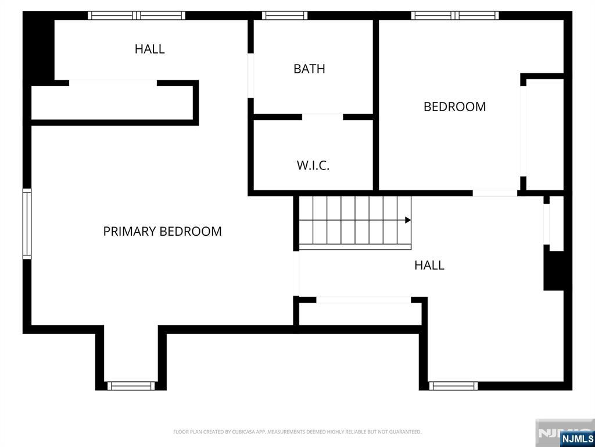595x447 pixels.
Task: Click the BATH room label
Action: point(309,69)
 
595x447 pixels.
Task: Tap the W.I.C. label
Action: point(313,165)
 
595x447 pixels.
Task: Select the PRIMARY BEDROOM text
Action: point(163,231)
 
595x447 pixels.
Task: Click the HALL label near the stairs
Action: point(429,265)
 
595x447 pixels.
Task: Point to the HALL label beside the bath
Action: point(150,49)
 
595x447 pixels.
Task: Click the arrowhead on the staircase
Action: point(408,220)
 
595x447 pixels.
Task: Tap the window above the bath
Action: point(285,16)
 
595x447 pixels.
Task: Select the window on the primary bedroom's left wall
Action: point(27,224)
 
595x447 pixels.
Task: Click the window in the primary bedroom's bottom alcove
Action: point(131,386)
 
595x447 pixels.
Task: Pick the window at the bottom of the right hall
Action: point(453,386)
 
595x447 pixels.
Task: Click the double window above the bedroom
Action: point(455,16)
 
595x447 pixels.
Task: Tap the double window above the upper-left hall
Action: point(137,16)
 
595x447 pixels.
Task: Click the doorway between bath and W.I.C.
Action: point(322,116)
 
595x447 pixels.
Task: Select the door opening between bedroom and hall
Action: point(495,193)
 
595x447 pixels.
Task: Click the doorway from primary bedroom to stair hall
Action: point(296,274)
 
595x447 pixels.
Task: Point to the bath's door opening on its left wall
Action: point(250,76)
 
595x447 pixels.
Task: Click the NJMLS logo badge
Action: point(576,438)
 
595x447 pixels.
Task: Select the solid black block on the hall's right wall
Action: point(553,268)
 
